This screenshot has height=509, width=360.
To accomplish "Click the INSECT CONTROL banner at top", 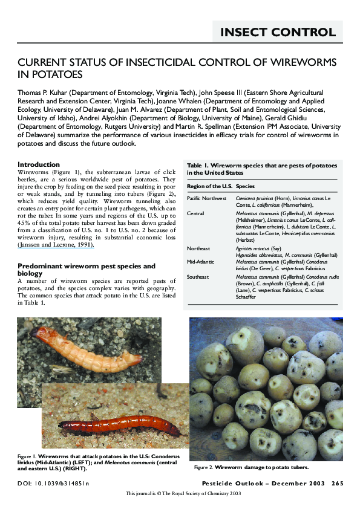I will point(278,32).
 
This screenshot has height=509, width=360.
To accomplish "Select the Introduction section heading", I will point(39,164).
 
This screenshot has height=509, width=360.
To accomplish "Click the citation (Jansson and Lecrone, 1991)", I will point(55,245).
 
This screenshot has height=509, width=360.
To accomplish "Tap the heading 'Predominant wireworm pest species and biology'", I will point(87,270).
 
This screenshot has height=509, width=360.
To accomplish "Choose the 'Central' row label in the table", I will point(196,213).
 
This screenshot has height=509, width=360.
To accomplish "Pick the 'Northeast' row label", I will point(199,248).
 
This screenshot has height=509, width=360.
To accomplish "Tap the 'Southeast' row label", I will point(198,277).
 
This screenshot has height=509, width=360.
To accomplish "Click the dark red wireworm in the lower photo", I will point(121,423).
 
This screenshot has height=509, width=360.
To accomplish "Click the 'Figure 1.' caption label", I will point(27,455).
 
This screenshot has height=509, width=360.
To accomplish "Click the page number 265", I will point(337,483).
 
